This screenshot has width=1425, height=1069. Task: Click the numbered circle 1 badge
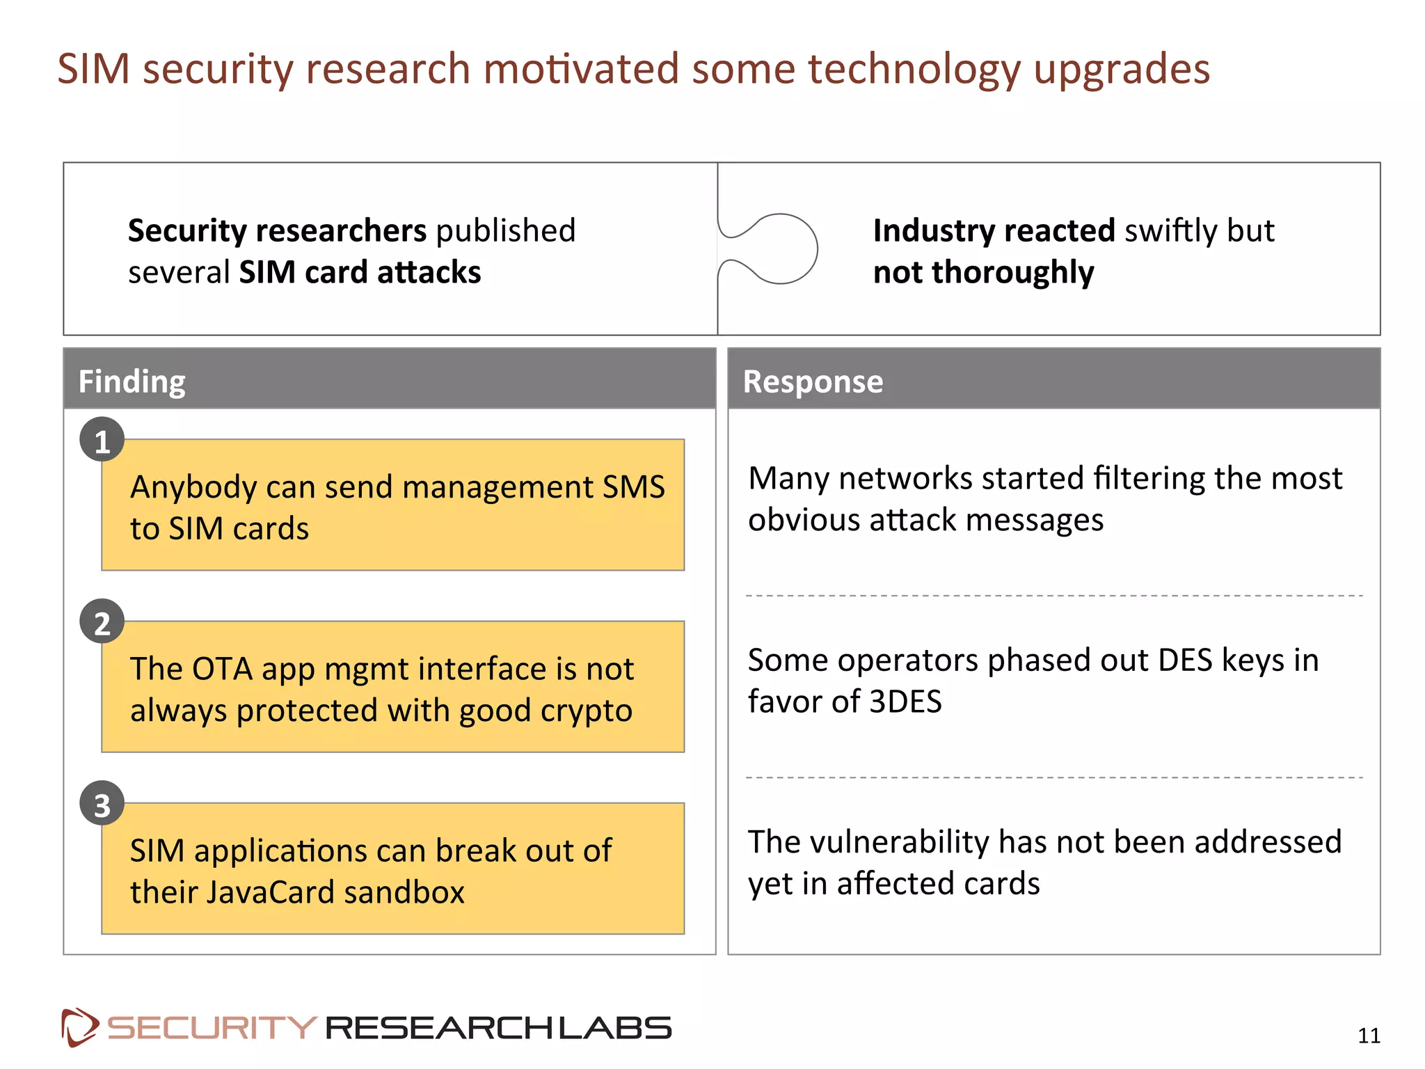(102, 440)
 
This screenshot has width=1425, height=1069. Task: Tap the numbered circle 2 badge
(102, 621)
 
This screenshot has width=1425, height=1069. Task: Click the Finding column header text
(132, 381)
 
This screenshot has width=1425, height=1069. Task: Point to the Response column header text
(813, 381)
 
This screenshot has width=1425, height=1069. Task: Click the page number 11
(1369, 1036)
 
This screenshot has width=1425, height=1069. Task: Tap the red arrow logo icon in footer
(79, 1027)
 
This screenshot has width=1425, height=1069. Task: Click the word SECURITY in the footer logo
(212, 1028)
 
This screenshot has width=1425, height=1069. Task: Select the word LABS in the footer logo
(615, 1028)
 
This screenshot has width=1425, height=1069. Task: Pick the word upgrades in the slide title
(1122, 70)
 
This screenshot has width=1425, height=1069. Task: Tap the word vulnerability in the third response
(900, 842)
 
